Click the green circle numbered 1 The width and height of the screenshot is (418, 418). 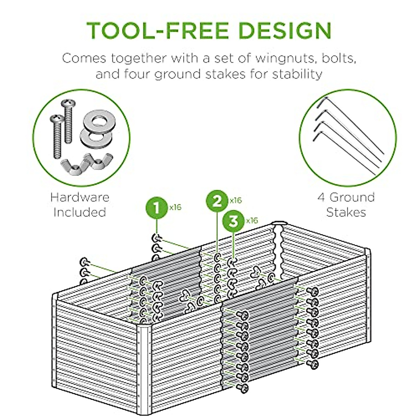tap(156, 208)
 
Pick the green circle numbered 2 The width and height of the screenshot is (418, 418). tap(217, 201)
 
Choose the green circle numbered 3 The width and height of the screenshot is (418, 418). tap(233, 221)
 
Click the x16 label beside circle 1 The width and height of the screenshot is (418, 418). tap(175, 207)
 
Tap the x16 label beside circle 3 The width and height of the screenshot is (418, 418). tap(252, 220)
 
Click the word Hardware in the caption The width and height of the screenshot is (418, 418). tap(80, 197)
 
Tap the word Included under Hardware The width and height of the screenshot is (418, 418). tap(80, 212)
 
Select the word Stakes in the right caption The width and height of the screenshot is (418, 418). tap(346, 212)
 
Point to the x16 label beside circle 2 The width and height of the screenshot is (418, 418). tap(235, 200)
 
